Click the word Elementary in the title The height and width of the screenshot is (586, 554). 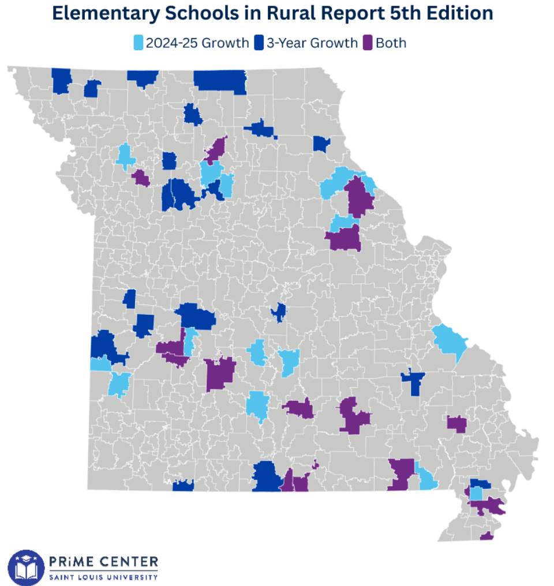click(x=105, y=13)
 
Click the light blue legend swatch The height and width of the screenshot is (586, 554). click(x=139, y=43)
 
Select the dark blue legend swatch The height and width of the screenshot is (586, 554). click(x=259, y=43)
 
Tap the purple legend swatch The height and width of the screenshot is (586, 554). click(x=368, y=43)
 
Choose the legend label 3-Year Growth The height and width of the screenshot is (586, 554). click(x=312, y=43)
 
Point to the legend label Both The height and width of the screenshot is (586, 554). click(x=391, y=43)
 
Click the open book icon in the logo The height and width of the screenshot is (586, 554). click(x=26, y=568)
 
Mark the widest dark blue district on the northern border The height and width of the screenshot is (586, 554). click(x=219, y=81)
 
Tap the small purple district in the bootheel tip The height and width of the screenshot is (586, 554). click(x=486, y=536)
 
